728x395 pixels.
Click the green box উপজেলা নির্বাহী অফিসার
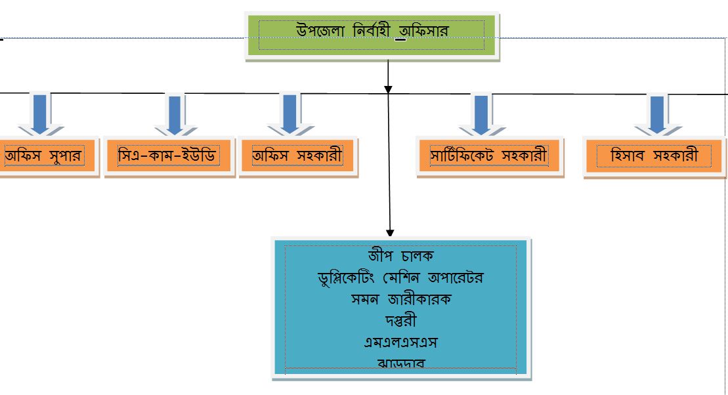pyautogui.click(x=372, y=37)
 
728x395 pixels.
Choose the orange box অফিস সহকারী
pyautogui.click(x=297, y=157)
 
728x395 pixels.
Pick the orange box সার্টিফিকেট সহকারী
pyautogui.click(x=488, y=157)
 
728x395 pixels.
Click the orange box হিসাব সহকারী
pyautogui.click(x=653, y=157)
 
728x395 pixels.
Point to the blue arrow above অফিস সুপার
pyautogui.click(x=40, y=113)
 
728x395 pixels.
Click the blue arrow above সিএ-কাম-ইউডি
pyautogui.click(x=175, y=113)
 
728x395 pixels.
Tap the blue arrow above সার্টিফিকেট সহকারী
pyautogui.click(x=482, y=113)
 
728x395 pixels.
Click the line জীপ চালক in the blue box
pyautogui.click(x=401, y=255)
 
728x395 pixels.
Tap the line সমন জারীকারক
pyautogui.click(x=401, y=299)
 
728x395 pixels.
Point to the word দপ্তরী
pyautogui.click(x=400, y=321)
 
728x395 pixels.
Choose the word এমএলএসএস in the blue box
pyautogui.click(x=400, y=343)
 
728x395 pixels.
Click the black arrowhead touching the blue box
pyautogui.click(x=390, y=232)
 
